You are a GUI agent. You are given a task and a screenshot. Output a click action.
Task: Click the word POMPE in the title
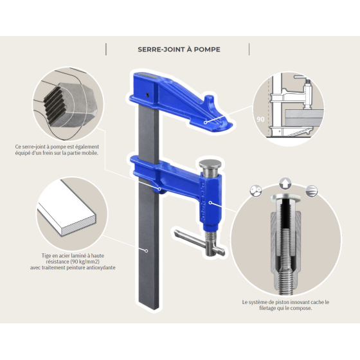[x=205, y=49]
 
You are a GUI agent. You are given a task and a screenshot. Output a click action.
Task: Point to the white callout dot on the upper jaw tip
[x=205, y=121]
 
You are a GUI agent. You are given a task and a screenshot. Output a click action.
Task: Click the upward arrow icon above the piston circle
[x=285, y=182]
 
